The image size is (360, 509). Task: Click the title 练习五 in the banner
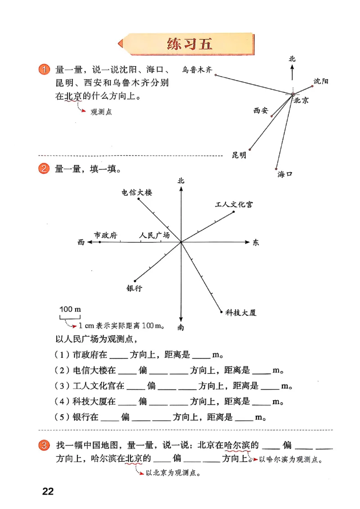189,44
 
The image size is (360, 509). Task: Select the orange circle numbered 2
43,169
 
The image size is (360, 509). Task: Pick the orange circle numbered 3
43,446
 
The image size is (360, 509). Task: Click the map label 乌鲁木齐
197,69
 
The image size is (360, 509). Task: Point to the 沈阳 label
321,81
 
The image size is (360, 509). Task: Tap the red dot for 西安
272,116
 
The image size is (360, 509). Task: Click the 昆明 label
239,155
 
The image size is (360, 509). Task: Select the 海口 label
285,174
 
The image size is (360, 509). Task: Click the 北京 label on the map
301,101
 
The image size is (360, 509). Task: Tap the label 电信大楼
137,192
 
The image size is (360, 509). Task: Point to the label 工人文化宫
234,205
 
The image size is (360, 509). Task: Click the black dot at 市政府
100,242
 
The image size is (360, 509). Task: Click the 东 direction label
256,243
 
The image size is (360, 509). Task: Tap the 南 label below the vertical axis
181,327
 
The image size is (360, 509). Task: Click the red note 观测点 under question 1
101,112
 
